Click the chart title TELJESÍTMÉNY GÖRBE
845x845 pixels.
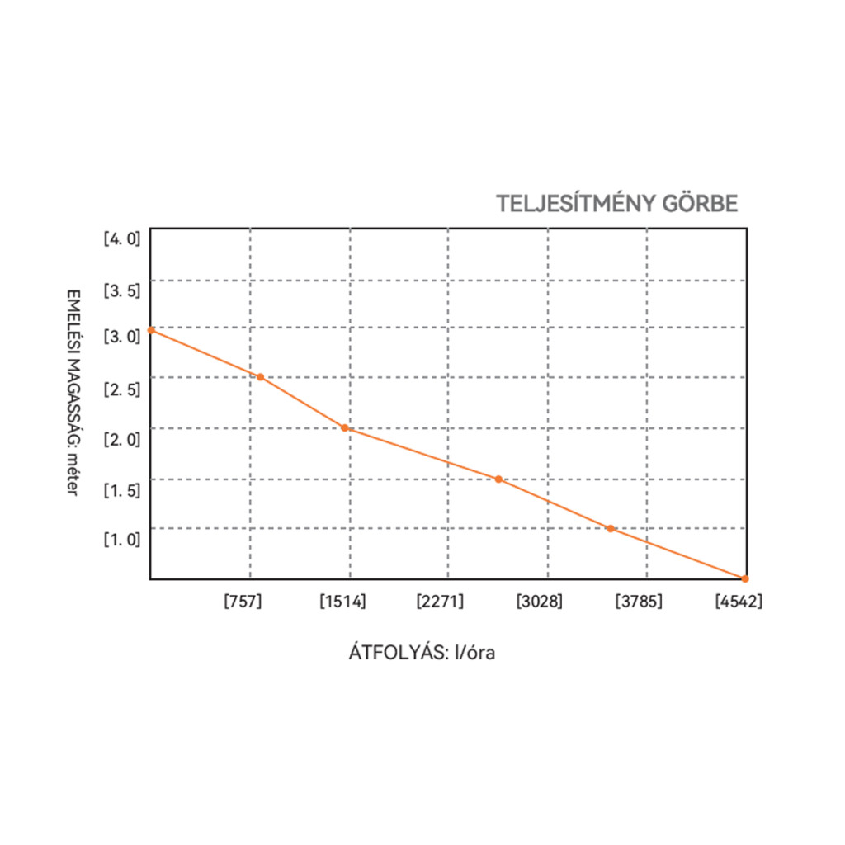(x=616, y=204)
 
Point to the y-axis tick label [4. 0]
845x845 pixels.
(x=122, y=239)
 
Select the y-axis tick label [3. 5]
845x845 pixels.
(x=122, y=290)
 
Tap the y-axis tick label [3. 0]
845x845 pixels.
(x=122, y=338)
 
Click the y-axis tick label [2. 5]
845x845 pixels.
(x=122, y=389)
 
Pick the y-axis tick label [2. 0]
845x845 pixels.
(x=122, y=439)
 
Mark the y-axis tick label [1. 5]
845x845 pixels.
(x=122, y=490)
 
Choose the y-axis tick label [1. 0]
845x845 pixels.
(x=122, y=540)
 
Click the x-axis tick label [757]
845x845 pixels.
(x=243, y=602)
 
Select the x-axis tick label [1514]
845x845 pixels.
(x=343, y=602)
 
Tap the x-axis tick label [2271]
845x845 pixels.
(x=441, y=602)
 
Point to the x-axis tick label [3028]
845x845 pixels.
(x=540, y=602)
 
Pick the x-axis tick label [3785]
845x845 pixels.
(x=639, y=602)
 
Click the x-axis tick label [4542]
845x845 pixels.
(x=739, y=602)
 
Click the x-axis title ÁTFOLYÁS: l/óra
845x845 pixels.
(x=422, y=653)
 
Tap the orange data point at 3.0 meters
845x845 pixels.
(x=151, y=330)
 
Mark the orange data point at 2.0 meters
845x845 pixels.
(x=345, y=427)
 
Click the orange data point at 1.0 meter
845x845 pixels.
(x=611, y=528)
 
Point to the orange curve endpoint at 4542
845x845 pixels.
(x=745, y=578)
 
